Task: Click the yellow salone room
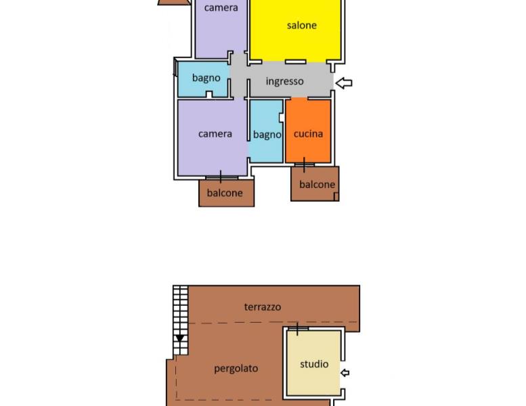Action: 295,30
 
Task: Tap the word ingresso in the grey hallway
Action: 284,81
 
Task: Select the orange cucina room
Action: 308,131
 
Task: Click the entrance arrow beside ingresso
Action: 344,83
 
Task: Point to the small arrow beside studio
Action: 345,373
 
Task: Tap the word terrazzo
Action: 263,307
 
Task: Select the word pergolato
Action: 236,369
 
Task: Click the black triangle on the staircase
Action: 180,338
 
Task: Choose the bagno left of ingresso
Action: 204,79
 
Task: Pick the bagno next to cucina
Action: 266,131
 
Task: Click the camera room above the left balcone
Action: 213,137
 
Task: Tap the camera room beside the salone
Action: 221,29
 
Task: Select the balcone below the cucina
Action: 315,184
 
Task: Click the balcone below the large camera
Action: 226,193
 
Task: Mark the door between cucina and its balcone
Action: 304,164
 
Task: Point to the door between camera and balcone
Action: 221,177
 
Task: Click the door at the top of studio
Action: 298,329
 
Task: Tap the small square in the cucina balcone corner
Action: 336,196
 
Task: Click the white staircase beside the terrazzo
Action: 181,321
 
